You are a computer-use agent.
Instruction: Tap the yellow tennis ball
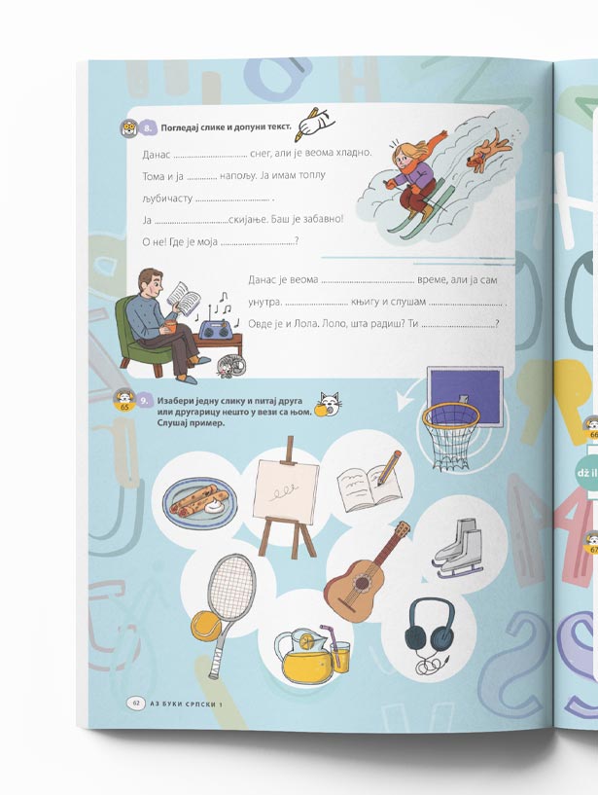[x=206, y=625]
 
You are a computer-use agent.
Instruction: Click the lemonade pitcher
[x=304, y=656]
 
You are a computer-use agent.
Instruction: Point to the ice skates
[x=457, y=549]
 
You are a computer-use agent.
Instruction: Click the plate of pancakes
[x=199, y=500]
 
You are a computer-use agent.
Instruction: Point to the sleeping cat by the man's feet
[x=230, y=365]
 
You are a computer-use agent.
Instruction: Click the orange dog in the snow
[x=487, y=149]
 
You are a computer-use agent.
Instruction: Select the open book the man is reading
[x=183, y=298]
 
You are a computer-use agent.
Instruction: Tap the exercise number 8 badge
[x=147, y=128]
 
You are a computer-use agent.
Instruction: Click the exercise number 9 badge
[x=145, y=401]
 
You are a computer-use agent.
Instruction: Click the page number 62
[x=136, y=704]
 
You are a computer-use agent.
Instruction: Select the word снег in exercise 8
[x=261, y=152]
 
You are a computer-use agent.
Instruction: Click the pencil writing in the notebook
[x=388, y=468]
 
